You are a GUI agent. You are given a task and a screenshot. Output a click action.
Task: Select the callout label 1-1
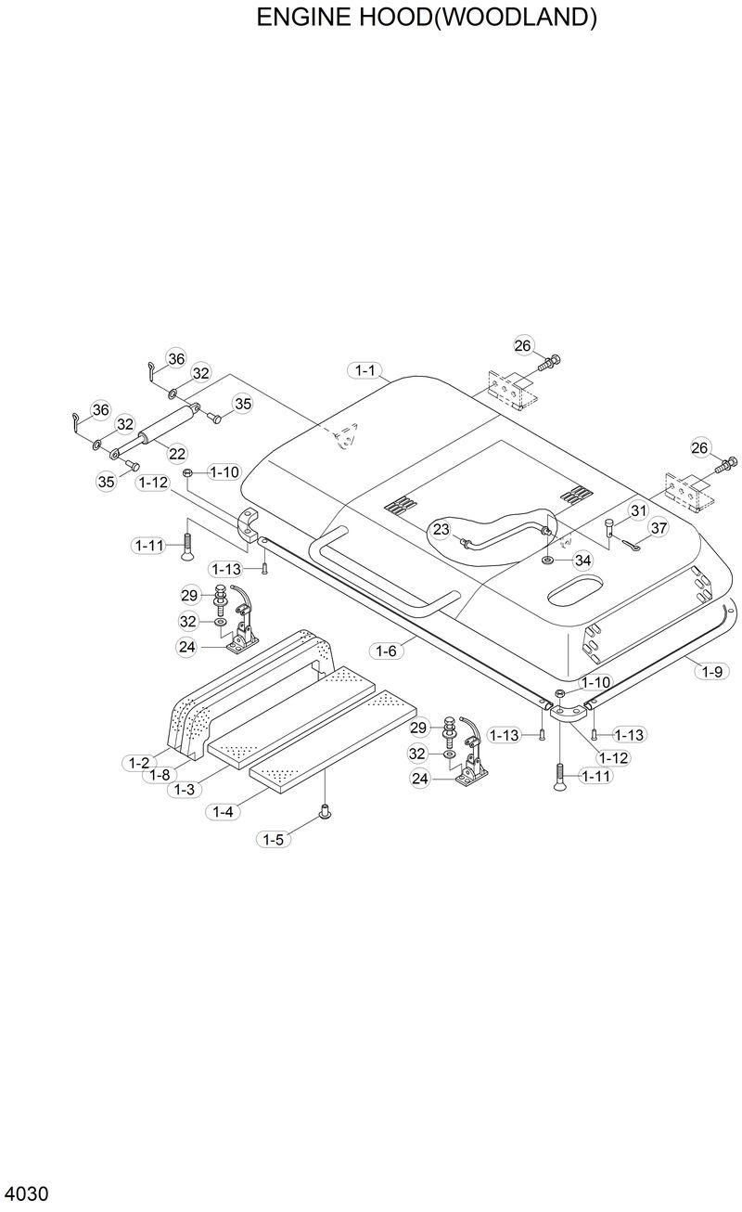365,371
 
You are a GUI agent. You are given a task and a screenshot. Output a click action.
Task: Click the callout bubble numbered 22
176,453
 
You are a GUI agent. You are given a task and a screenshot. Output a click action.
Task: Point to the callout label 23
441,529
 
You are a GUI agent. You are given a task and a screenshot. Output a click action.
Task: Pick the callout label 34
582,560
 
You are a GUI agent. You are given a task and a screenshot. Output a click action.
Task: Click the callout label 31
638,511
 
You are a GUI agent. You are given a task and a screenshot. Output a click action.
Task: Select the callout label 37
658,529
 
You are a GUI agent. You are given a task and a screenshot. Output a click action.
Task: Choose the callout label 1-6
387,651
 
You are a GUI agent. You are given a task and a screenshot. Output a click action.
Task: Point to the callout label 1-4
224,811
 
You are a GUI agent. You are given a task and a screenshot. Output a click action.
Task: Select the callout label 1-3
185,789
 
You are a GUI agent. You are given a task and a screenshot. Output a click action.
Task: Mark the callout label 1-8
160,775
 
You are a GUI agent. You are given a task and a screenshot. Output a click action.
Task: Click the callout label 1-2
138,763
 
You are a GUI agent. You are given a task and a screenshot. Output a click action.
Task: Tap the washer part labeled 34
549,560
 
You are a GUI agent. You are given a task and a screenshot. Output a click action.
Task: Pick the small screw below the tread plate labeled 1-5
325,813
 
